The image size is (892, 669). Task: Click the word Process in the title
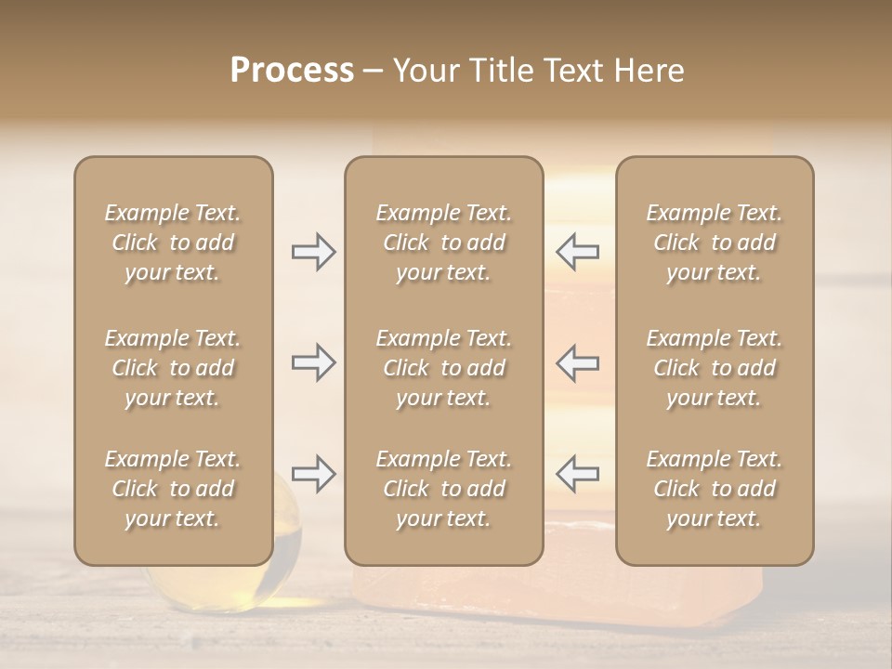(292, 71)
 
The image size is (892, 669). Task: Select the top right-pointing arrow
(313, 251)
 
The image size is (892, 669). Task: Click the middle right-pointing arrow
(313, 362)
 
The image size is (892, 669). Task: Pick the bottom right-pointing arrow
(313, 474)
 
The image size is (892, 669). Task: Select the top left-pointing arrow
(578, 251)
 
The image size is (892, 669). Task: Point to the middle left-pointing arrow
(578, 362)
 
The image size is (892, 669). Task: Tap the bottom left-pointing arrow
(578, 474)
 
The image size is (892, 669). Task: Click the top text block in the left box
(173, 243)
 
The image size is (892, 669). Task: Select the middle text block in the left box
(173, 368)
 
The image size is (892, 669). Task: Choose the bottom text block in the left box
(173, 489)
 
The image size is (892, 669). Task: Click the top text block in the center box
(443, 243)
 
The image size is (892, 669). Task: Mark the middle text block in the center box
(443, 368)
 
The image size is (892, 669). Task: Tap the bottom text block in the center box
(443, 489)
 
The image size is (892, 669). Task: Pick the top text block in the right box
(714, 243)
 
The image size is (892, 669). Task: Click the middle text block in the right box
(714, 368)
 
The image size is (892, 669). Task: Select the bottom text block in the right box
(714, 489)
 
